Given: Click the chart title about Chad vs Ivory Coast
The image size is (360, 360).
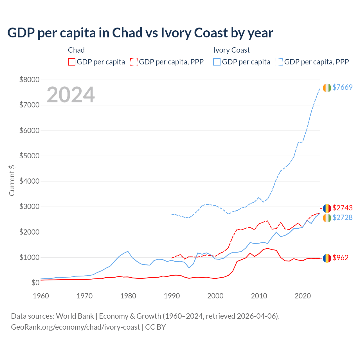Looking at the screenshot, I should [x=140, y=33].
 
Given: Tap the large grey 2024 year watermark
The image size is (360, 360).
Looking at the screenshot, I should [x=71, y=95].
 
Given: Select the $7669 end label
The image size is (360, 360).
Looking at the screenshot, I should [x=342, y=87].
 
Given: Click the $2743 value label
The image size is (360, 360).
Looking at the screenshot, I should [x=342, y=208].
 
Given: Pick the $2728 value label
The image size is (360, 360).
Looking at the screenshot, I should [x=342, y=217].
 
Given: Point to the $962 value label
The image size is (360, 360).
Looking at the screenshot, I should [x=340, y=258].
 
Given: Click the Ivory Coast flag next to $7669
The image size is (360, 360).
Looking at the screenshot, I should [x=327, y=88].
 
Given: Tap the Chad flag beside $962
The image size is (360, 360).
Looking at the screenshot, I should [x=327, y=258].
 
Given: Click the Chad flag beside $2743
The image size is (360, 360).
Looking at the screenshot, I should [x=327, y=208].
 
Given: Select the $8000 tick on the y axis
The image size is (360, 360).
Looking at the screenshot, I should [x=29, y=80].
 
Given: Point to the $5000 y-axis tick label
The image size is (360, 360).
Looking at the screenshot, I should [x=29, y=156].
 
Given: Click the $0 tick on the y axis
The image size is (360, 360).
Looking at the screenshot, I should [x=35, y=283].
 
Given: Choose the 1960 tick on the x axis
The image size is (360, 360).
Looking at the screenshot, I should [x=41, y=296].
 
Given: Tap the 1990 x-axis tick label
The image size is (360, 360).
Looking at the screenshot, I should [x=172, y=296].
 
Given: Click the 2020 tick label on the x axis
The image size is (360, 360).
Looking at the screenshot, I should [x=303, y=296].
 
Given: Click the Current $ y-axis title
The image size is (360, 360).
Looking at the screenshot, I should [x=12, y=181].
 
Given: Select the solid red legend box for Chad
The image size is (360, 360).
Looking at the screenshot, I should [x=72, y=62].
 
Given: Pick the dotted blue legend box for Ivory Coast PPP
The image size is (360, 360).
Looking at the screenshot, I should [x=279, y=62].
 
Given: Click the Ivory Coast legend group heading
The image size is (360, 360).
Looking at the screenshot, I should [x=231, y=50].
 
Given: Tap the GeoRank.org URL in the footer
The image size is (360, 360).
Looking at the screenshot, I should [x=75, y=327].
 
